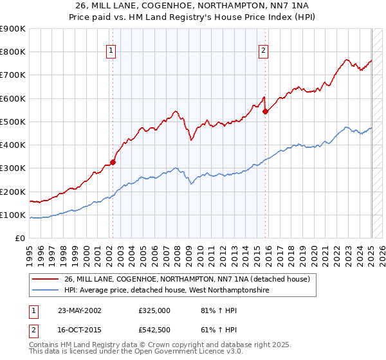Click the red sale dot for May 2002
coord(113,163)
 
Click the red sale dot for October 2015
coord(266,111)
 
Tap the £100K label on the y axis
coord(13,215)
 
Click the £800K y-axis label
coord(13,51)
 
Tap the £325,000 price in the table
coord(154,310)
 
